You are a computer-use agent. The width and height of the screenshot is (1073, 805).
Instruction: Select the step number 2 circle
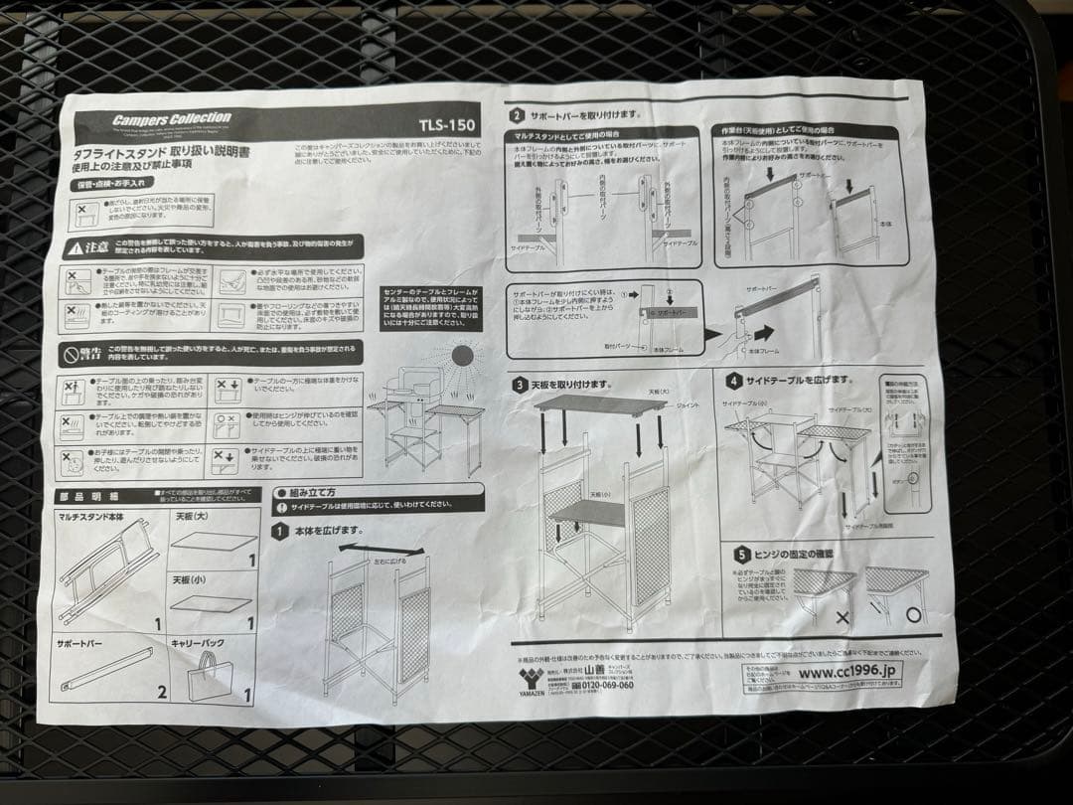[x=518, y=116]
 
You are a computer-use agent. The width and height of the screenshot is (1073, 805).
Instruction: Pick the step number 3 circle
[x=519, y=385]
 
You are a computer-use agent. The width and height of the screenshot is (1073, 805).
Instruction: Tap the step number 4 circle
[x=734, y=381]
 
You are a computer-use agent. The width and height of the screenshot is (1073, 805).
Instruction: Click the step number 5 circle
[x=741, y=555]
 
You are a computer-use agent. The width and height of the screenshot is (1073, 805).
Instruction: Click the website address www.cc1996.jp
[x=847, y=673]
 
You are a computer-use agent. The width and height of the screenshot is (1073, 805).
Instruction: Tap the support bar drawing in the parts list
[x=107, y=669]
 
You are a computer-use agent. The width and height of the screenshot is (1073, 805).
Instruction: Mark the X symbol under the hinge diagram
[x=843, y=617]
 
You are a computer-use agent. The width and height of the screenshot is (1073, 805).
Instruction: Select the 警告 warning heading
[x=84, y=353]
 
